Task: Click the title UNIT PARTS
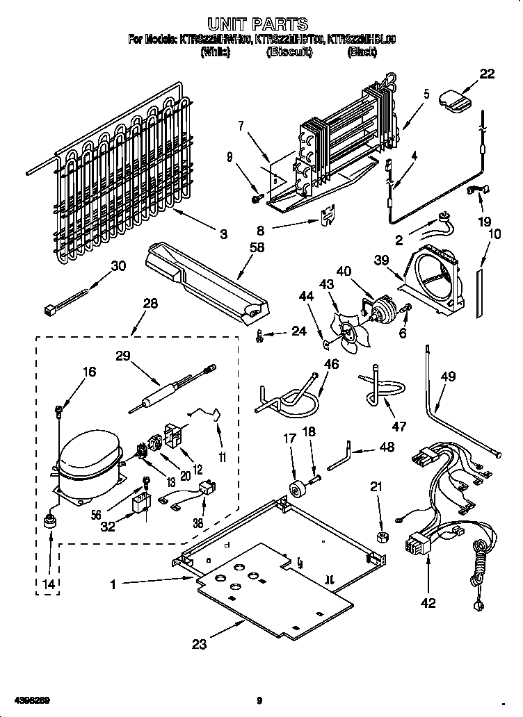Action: (261, 25)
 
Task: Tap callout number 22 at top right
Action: (487, 74)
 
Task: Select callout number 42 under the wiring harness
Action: (428, 603)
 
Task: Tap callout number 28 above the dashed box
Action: (150, 303)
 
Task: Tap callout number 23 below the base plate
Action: (200, 644)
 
